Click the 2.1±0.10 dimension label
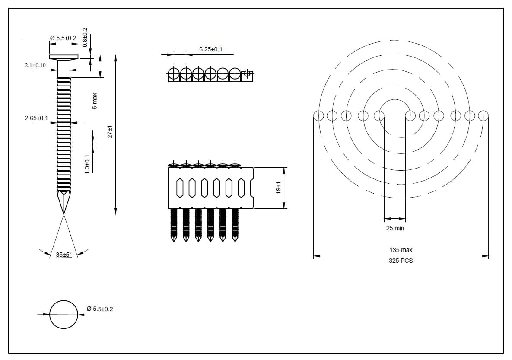(35, 65)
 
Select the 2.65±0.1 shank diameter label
(36, 118)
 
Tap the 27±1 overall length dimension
(110, 132)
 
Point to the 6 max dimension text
(95, 101)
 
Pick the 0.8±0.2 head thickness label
(85, 37)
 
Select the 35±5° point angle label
(64, 255)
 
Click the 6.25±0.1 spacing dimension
(210, 50)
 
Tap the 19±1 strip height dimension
(279, 188)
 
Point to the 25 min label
(395, 228)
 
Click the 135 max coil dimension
(401, 250)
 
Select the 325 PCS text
(401, 261)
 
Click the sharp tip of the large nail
(64, 213)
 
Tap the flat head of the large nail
(64, 57)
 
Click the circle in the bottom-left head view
(64, 314)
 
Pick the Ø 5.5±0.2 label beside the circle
(100, 309)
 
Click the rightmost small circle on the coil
(483, 115)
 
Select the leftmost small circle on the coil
(318, 115)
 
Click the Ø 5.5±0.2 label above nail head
(63, 38)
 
